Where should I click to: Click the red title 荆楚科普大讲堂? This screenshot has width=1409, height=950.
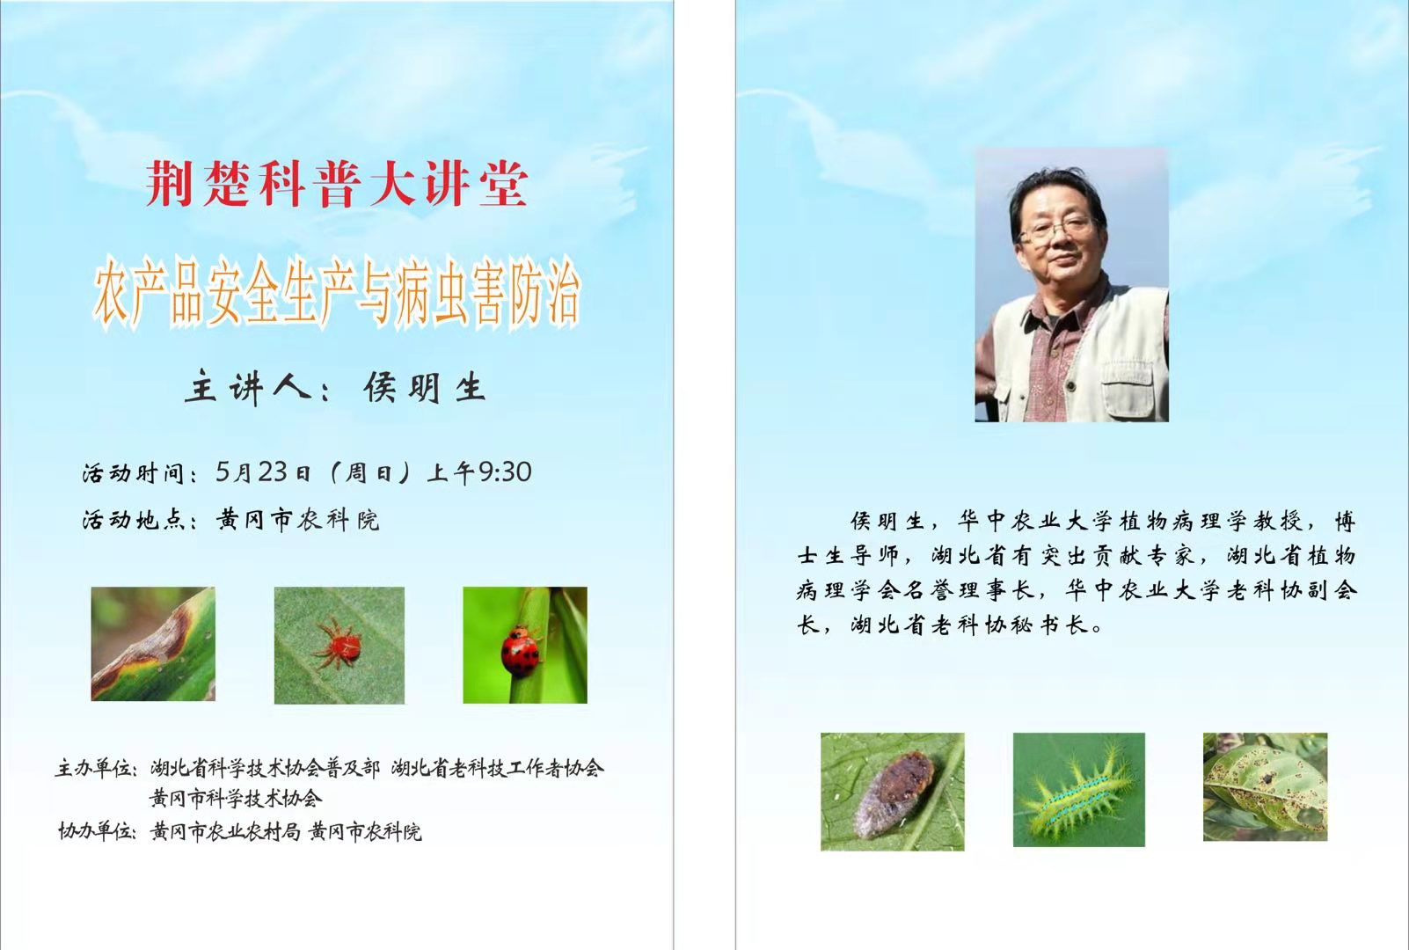pos(337,184)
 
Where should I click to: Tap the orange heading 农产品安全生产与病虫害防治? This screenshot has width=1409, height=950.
pos(337,293)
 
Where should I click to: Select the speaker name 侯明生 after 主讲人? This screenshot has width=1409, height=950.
pos(425,387)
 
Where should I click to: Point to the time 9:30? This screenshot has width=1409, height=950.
pos(505,471)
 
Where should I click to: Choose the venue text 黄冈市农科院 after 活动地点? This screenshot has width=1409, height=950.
pos(298,520)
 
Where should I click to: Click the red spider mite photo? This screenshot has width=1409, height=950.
pos(339,645)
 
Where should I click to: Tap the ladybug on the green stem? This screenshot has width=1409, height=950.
pos(521,651)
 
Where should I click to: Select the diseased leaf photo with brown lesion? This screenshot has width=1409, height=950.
pos(153,644)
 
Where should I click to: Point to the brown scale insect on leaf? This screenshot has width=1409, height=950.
pos(895,794)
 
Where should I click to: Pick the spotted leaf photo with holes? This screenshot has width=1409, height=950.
pos(1265,787)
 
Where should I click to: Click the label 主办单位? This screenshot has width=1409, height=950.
pos(96,768)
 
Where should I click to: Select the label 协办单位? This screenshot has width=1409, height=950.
pos(98,831)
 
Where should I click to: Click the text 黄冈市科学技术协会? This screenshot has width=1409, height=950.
pos(236,799)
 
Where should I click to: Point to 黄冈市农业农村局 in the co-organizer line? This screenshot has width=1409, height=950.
pos(225,832)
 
